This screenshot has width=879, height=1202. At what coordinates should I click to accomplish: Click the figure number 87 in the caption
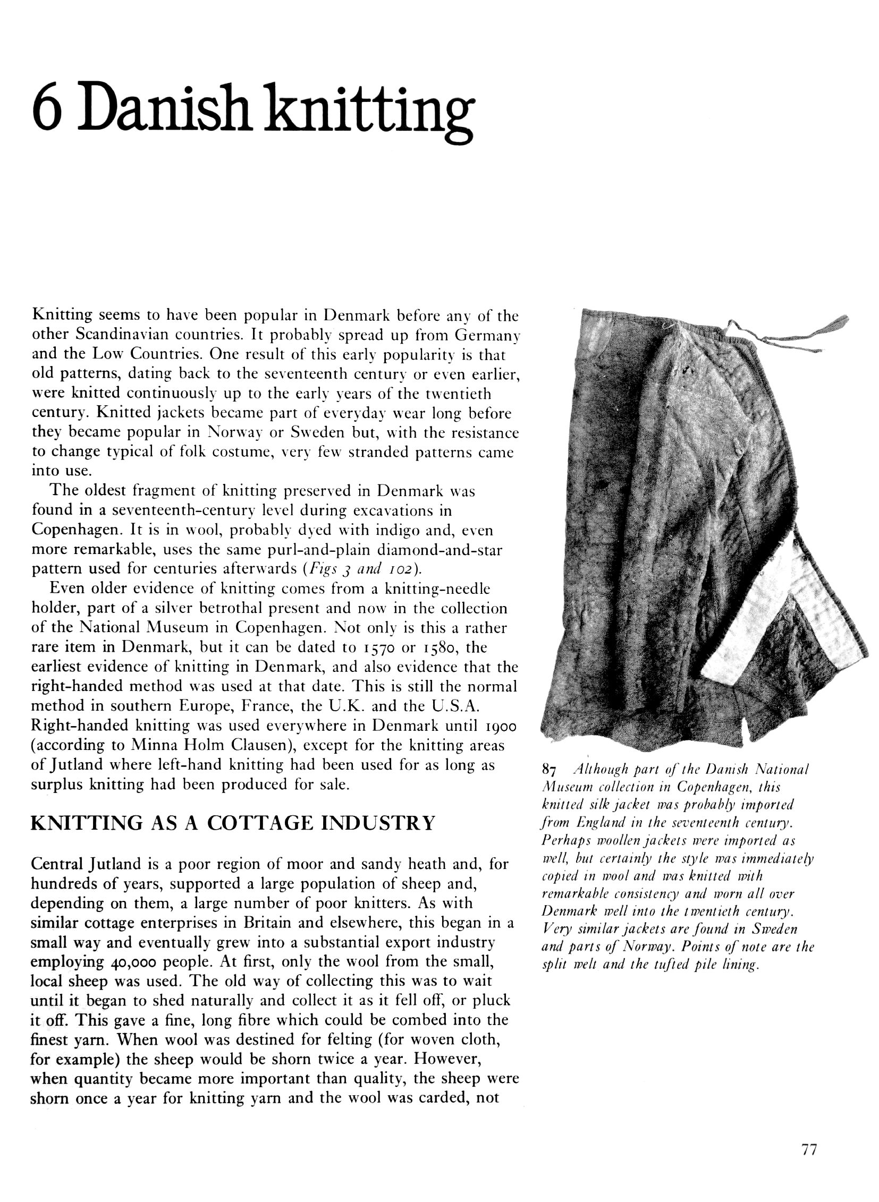[548, 770]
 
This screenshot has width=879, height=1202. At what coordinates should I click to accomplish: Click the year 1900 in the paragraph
[501, 727]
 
